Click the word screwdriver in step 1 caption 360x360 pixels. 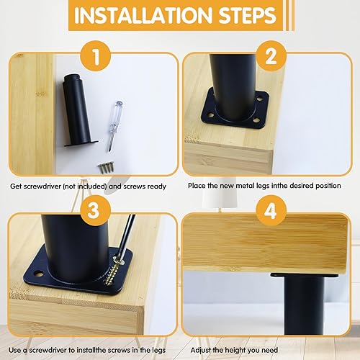point(46,186)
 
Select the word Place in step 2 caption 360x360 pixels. point(198,186)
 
